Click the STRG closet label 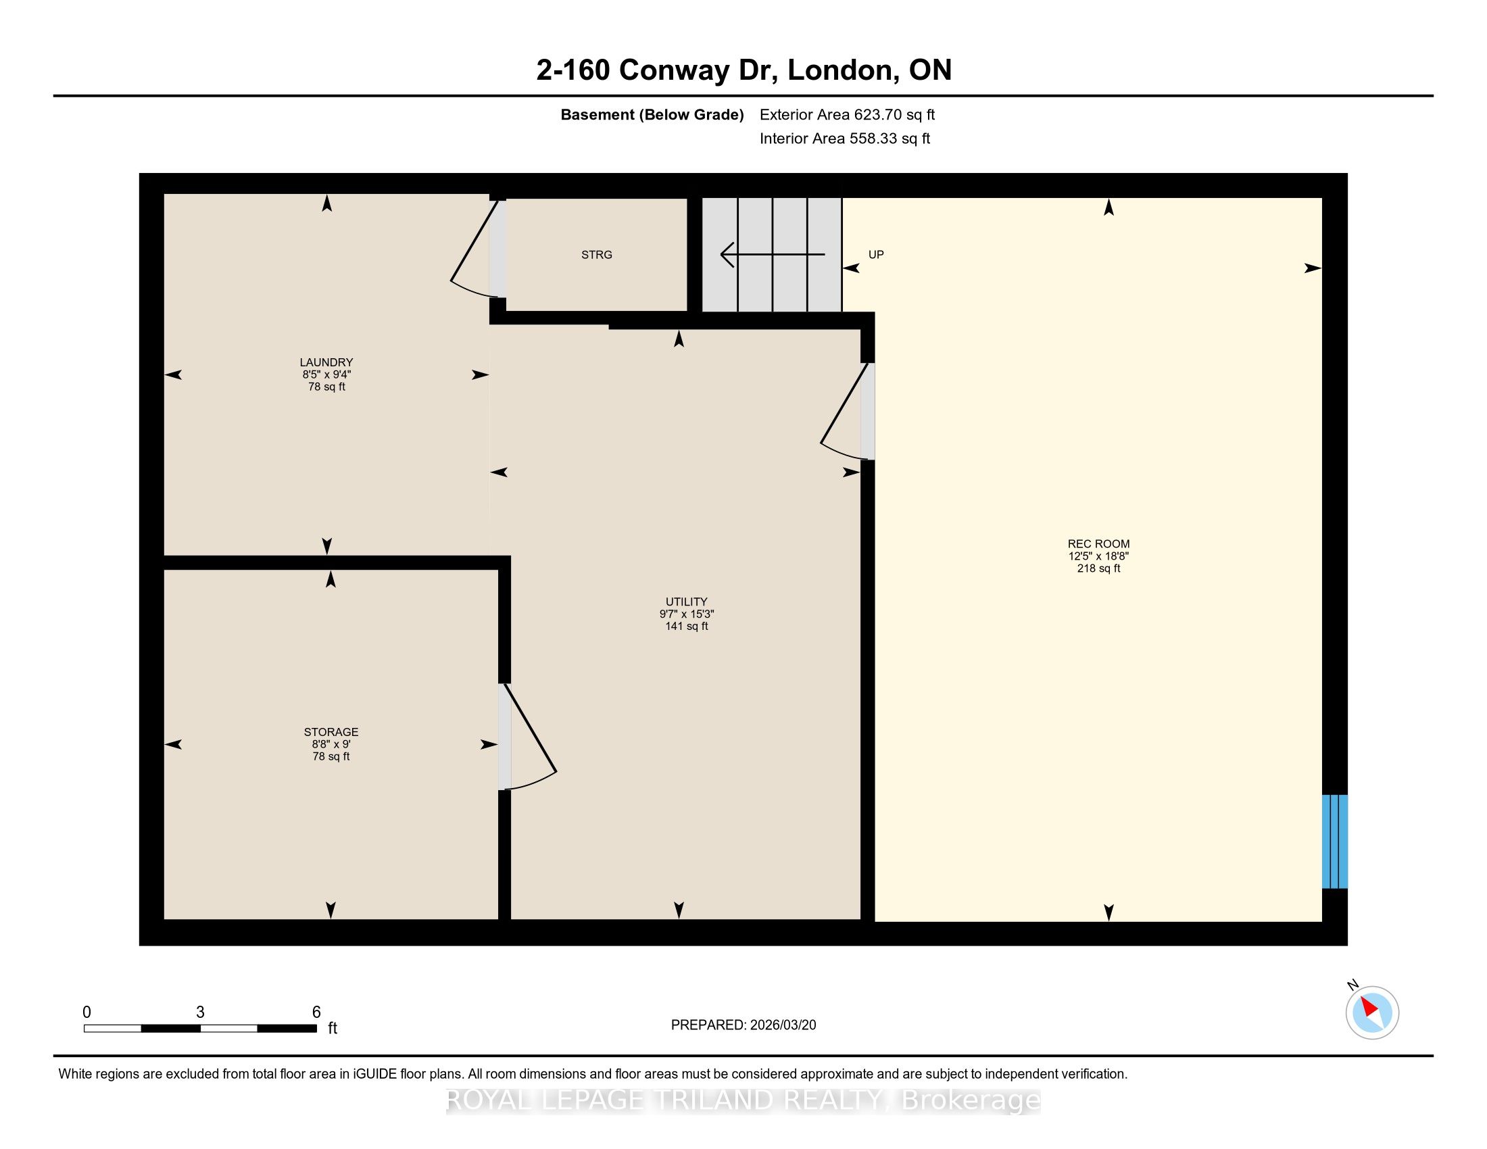point(596,255)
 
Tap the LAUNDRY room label point(327,362)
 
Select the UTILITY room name point(686,602)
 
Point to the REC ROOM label point(1098,544)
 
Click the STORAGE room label point(331,733)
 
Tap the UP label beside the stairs point(876,255)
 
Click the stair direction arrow point(773,255)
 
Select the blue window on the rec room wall point(1334,841)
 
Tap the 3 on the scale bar point(200,1012)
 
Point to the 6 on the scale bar point(316,1012)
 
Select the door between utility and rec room point(848,412)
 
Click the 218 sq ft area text point(1098,568)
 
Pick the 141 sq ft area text point(686,627)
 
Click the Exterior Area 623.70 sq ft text point(847,115)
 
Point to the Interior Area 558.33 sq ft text point(845,139)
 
